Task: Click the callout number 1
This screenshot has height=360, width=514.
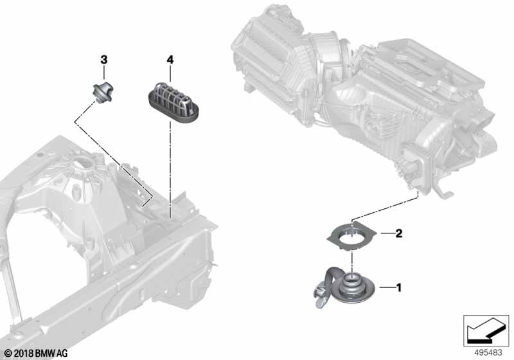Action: pyautogui.click(x=398, y=288)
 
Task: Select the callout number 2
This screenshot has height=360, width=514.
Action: pyautogui.click(x=398, y=233)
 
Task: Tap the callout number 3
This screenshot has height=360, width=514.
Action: pyautogui.click(x=104, y=60)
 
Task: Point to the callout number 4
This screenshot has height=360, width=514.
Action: pyautogui.click(x=170, y=60)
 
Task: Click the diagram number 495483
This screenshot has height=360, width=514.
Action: pyautogui.click(x=488, y=353)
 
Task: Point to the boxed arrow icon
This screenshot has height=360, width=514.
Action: pyautogui.click(x=486, y=331)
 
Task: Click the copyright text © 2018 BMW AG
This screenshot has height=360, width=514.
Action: pyautogui.click(x=35, y=353)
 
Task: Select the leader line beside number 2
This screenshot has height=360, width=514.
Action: pyautogui.click(x=387, y=233)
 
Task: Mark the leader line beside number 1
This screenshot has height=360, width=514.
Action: pyautogui.click(x=387, y=288)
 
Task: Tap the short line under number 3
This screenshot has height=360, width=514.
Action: pyautogui.click(x=104, y=73)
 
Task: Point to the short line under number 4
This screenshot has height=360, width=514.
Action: pyautogui.click(x=170, y=73)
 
